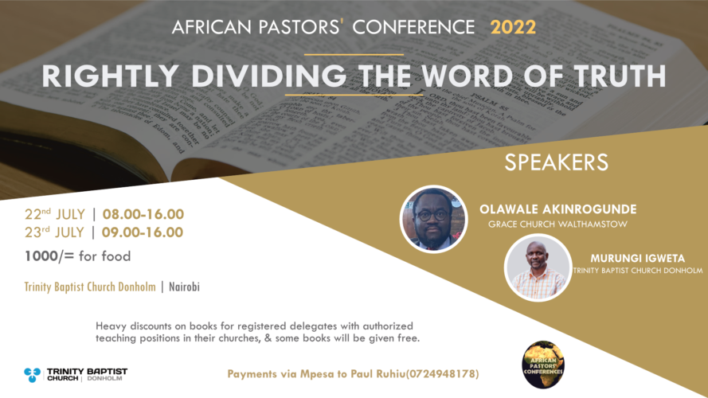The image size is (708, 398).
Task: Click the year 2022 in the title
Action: [x=513, y=27]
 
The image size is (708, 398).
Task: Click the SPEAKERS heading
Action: [x=557, y=162]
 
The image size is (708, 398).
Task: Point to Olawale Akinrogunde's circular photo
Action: [x=433, y=219]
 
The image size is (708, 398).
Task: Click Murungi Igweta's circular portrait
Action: [x=538, y=267]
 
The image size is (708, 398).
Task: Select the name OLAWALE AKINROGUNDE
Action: [x=557, y=209]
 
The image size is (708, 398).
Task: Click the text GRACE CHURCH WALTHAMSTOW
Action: [x=557, y=224]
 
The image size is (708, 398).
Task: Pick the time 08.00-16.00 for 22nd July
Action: [x=143, y=214]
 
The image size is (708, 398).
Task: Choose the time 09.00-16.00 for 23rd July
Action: [x=143, y=233]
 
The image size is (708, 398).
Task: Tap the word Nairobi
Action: [x=183, y=287]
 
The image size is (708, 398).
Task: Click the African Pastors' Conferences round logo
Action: [x=543, y=365]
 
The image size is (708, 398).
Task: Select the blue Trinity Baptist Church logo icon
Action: [x=32, y=374]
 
